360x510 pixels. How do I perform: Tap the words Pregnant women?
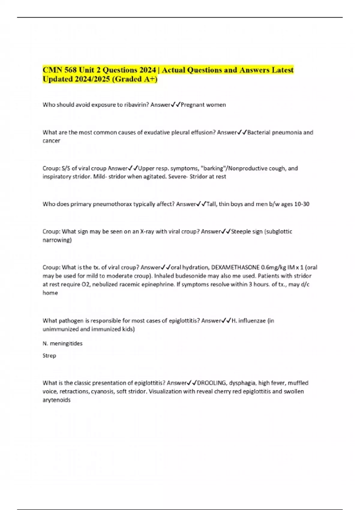(203, 105)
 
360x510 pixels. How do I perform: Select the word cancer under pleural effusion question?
(51, 141)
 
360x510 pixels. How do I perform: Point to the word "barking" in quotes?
(211, 168)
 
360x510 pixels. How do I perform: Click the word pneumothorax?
(112, 204)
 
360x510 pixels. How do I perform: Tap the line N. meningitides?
(62, 343)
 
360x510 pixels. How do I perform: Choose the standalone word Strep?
(49, 355)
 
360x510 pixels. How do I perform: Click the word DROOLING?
(211, 383)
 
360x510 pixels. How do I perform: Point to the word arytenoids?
(56, 400)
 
